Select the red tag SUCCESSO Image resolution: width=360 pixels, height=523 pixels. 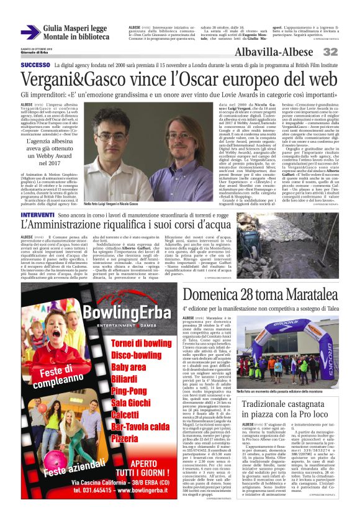35,65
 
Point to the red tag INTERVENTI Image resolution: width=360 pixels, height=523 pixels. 37,215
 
